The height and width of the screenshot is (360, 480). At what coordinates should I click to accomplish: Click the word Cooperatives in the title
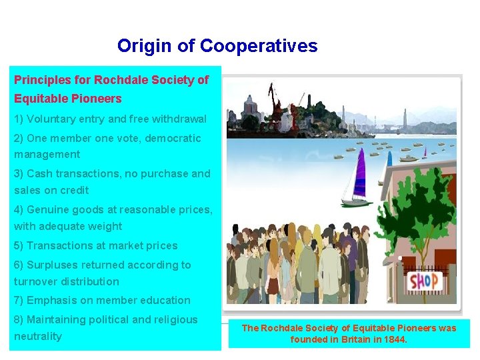259,46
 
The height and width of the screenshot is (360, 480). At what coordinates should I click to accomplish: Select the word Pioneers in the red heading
97,99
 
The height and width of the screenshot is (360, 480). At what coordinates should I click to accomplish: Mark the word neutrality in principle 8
38,336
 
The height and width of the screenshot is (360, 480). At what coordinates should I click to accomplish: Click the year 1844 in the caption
394,339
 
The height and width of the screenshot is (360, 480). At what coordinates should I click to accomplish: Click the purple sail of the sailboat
360,177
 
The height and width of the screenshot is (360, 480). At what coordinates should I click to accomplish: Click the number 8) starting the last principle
19,319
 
